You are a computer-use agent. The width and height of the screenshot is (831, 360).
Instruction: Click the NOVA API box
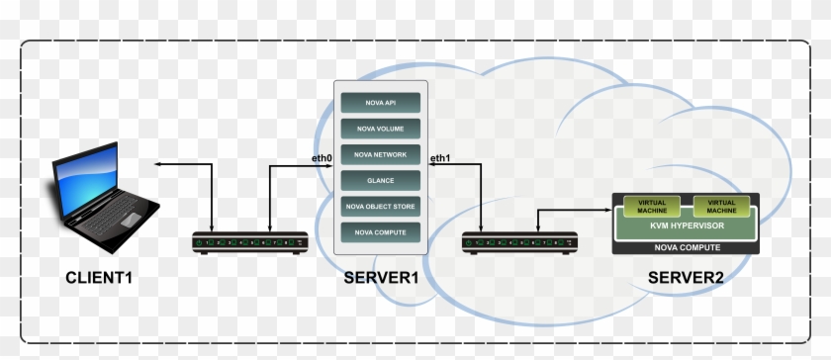(380, 102)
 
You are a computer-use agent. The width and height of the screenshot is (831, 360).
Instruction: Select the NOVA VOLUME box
(380, 128)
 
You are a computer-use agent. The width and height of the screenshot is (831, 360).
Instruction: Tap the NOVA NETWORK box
(380, 154)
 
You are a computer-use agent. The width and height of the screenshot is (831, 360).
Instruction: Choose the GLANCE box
(380, 180)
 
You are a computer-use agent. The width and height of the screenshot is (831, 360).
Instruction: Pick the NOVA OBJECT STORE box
(380, 206)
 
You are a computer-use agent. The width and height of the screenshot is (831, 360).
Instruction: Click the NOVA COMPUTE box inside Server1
(380, 231)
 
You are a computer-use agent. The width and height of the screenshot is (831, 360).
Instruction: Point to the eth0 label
(321, 158)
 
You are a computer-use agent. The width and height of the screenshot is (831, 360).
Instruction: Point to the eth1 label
(440, 158)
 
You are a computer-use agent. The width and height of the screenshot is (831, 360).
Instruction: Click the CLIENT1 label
(98, 278)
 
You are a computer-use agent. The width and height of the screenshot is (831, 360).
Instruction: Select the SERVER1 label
(382, 278)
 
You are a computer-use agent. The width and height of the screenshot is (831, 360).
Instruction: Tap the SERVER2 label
(686, 278)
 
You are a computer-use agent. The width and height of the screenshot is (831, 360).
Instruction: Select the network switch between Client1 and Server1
(249, 241)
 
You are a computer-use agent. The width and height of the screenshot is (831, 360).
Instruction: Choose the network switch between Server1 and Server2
(519, 241)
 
